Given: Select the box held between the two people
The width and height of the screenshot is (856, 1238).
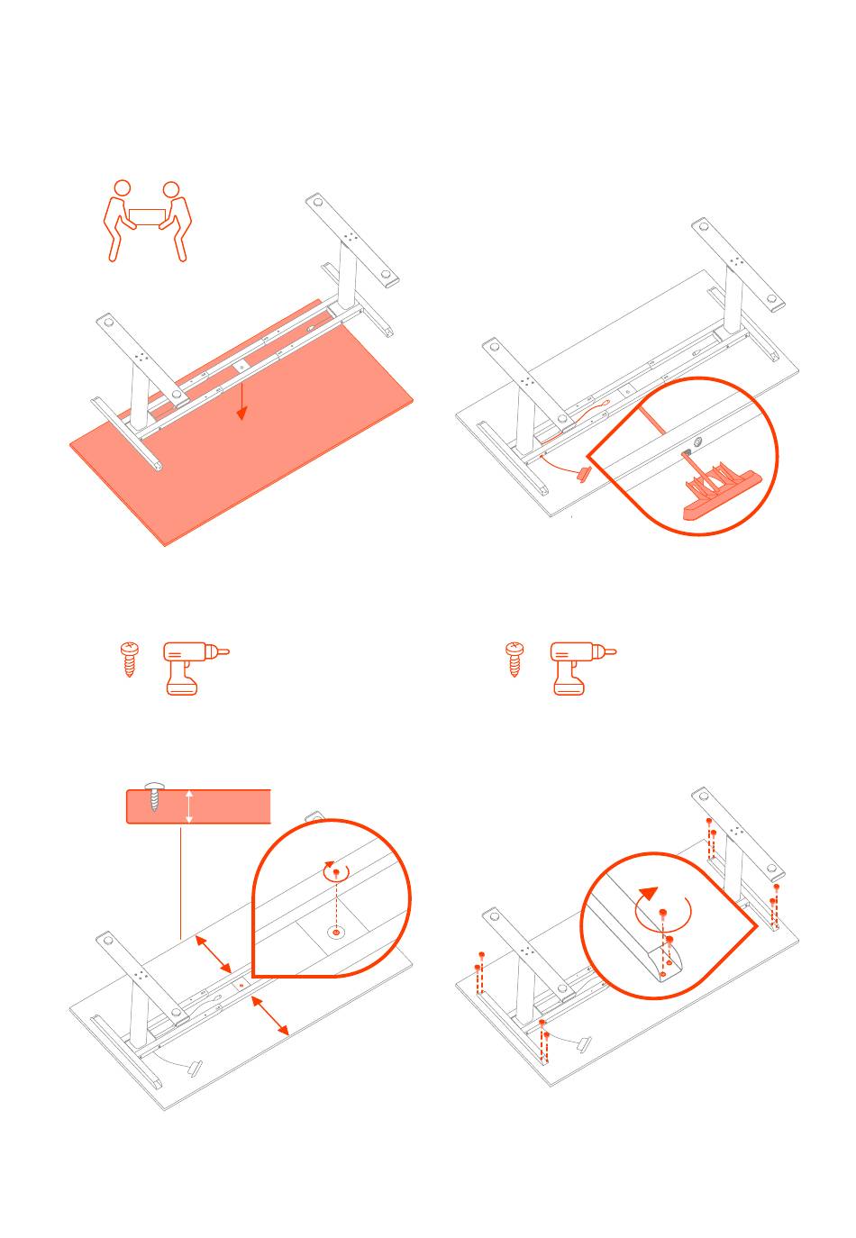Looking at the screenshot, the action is click(147, 217).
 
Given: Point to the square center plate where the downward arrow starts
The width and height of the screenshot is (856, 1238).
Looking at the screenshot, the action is click(241, 368).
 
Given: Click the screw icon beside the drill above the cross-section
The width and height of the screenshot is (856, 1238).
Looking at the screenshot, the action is click(130, 660).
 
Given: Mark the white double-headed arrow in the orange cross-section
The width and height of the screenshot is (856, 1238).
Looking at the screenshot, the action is click(188, 806).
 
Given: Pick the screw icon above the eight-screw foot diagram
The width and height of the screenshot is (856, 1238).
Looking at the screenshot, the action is click(515, 660).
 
